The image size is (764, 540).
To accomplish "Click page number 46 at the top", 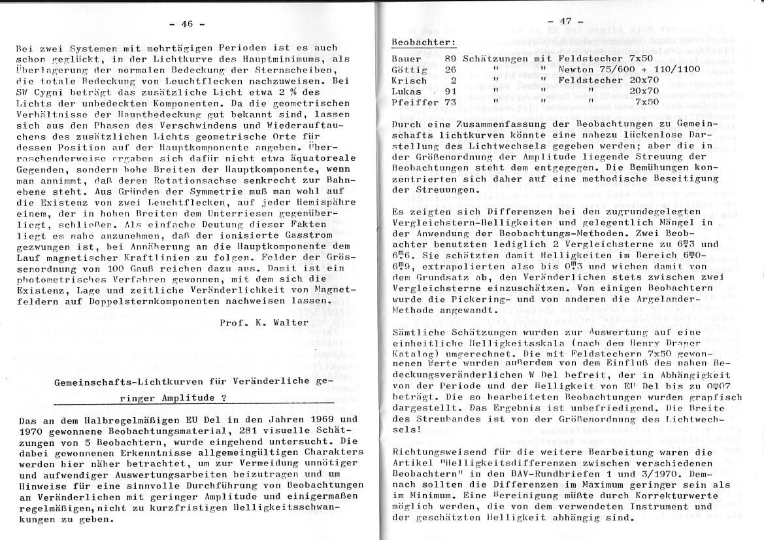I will click(x=187, y=25).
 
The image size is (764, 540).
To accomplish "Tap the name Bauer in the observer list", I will click(x=405, y=58).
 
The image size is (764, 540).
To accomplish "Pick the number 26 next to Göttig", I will click(x=450, y=69).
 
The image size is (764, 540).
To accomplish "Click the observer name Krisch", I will click(x=408, y=80).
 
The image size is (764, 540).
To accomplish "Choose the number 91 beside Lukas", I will click(x=450, y=92).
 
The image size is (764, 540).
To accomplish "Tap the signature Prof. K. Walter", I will click(x=264, y=322).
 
